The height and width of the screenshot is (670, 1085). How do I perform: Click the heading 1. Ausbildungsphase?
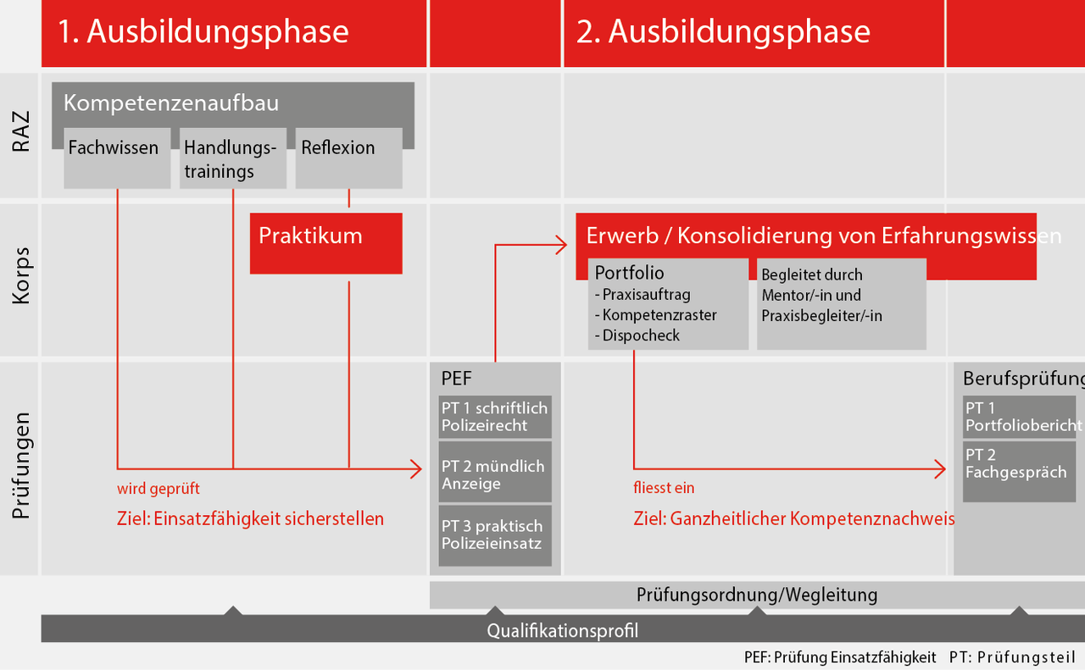[203, 32]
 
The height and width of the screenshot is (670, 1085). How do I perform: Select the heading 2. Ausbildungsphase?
[723, 32]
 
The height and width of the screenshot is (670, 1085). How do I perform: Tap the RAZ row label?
[20, 135]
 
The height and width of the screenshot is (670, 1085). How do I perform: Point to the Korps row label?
[20, 276]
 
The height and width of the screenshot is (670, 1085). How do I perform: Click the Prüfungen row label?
[20, 465]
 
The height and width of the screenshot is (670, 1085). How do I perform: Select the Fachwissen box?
[117, 158]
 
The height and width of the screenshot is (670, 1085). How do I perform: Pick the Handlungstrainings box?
[231, 159]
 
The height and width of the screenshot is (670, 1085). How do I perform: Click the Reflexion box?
[348, 158]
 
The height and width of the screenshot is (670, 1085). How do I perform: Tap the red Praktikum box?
[325, 243]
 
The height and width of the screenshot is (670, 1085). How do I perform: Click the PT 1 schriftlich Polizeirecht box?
[495, 417]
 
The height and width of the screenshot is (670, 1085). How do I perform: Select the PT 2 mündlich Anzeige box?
[495, 474]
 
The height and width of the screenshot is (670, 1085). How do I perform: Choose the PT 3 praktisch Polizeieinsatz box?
[495, 535]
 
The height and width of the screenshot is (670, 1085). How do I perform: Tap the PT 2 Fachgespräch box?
[1019, 471]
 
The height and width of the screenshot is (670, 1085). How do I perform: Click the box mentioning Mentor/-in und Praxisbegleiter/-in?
[841, 304]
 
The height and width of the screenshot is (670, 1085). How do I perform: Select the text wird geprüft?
[159, 489]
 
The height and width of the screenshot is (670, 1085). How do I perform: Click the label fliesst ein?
[664, 488]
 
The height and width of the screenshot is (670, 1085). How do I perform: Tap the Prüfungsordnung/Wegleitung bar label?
[756, 595]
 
